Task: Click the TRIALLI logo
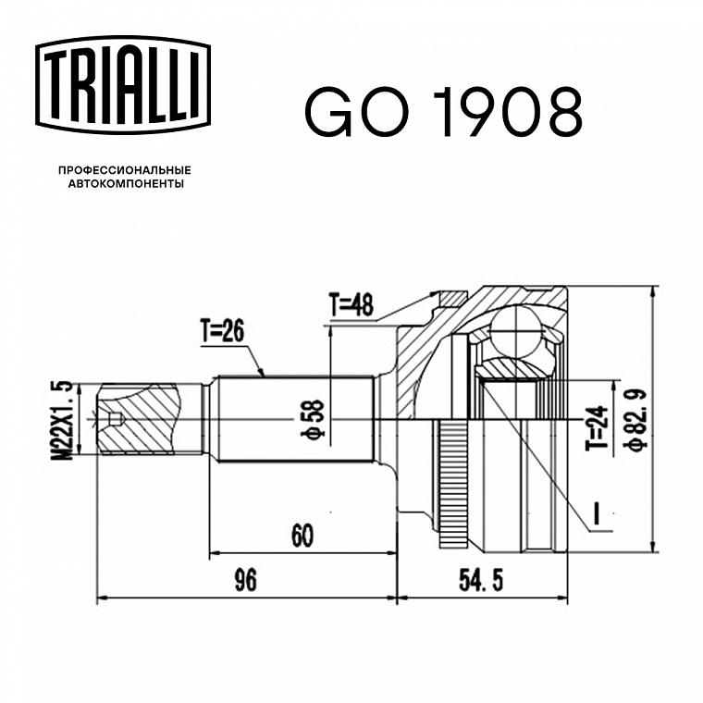[x=123, y=85]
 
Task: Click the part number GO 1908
[x=444, y=112]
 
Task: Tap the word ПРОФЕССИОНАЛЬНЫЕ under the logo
[x=125, y=170]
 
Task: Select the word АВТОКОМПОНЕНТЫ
[x=126, y=183]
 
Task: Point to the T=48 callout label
[x=351, y=305]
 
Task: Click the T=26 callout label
[x=222, y=332]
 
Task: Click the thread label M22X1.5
[x=62, y=421]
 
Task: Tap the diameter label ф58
[x=314, y=419]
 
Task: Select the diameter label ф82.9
[x=636, y=419]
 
